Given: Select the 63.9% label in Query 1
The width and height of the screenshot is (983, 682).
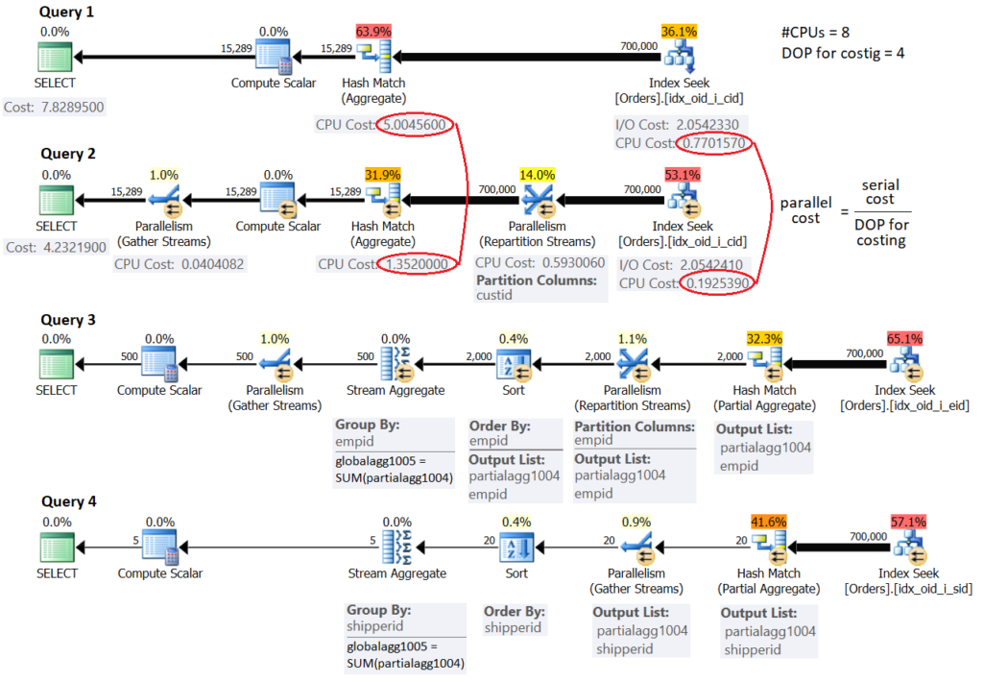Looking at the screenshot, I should coord(373,32).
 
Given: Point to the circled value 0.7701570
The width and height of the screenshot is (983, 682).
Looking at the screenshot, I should coord(714,143).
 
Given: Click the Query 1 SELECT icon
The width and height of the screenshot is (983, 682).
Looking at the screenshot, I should coord(56,59).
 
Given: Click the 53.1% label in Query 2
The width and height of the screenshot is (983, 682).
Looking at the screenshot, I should coord(680,175).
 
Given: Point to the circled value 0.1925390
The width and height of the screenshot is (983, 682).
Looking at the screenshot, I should coord(717,283).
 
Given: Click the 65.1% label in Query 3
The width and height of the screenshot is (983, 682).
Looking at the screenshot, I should coord(906,338).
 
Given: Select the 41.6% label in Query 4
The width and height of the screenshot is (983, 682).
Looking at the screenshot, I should coord(768,521).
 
